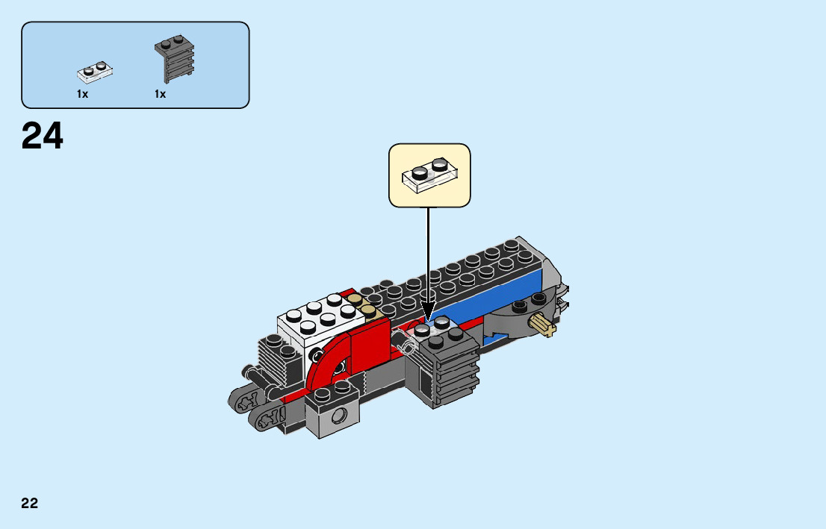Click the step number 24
coord(43,137)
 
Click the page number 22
coord(30,503)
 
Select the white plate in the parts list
coord(95,72)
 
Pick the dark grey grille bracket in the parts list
coord(176,58)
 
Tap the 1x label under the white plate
coord(82,95)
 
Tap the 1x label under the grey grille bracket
coord(160,95)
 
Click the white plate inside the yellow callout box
coord(429,176)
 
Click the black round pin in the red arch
coord(340,366)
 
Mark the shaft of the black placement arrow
coord(428,254)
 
